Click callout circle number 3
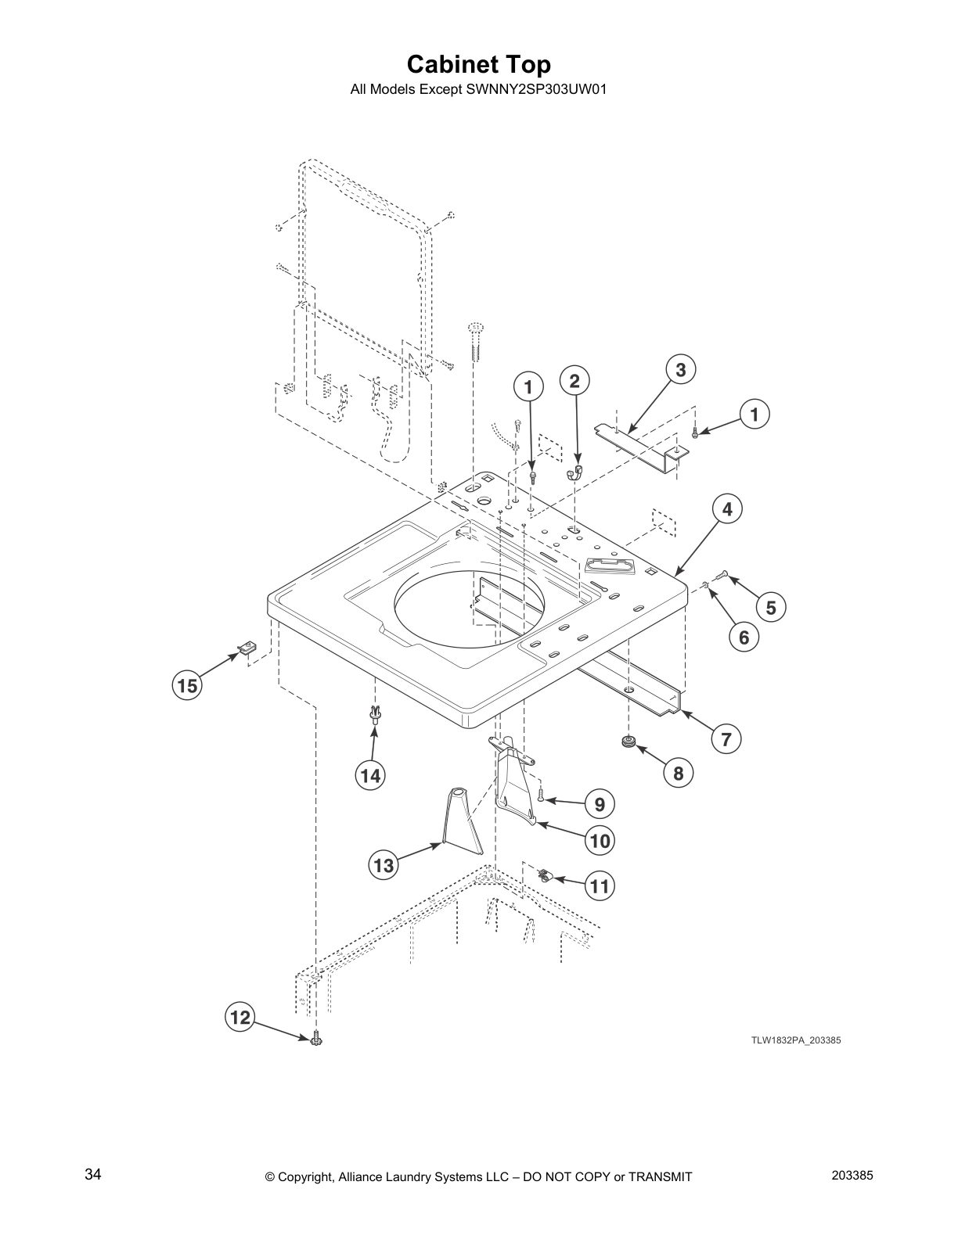(x=680, y=369)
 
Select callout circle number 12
(x=239, y=1017)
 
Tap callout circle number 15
(x=186, y=686)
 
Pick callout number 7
(x=726, y=738)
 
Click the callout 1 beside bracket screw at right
(x=755, y=415)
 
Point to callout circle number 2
(x=574, y=381)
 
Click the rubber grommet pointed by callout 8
(x=627, y=741)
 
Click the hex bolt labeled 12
(x=316, y=1040)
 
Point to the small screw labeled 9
(x=541, y=796)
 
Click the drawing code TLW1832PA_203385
(x=796, y=1040)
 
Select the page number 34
(x=92, y=1175)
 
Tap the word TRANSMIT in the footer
(x=656, y=1176)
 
